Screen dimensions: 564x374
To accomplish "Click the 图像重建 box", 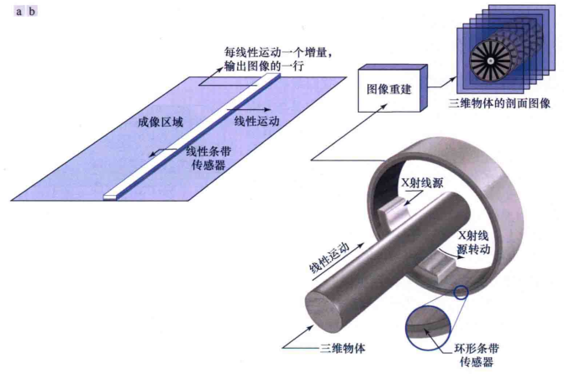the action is point(392,87).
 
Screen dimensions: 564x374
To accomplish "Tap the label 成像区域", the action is point(161,120).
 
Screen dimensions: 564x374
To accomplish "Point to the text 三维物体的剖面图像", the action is point(500,103).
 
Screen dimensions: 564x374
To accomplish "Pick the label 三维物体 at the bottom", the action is point(342,346).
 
